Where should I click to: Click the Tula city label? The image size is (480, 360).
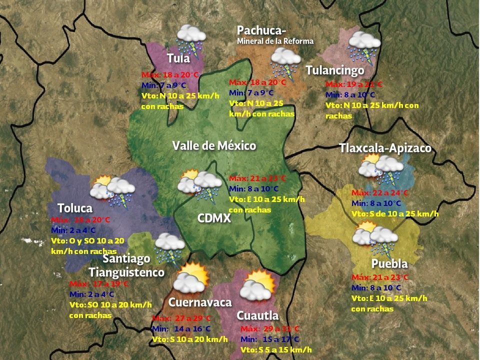[x=178, y=58]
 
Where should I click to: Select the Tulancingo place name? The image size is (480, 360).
[x=335, y=70]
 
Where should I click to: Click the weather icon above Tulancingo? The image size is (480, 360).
[x=363, y=45]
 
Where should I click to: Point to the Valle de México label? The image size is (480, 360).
[x=214, y=145]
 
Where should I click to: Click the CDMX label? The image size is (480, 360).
[x=214, y=218]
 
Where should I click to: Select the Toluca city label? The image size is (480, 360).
[x=75, y=207]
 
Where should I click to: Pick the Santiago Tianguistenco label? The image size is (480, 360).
[x=126, y=265]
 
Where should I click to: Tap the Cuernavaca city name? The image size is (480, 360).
[x=200, y=302]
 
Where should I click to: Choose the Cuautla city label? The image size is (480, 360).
[x=257, y=315]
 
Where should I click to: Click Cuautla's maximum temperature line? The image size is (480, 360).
[x=270, y=328]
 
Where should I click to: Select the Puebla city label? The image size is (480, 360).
[x=389, y=263]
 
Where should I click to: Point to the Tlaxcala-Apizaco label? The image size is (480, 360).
[x=385, y=148]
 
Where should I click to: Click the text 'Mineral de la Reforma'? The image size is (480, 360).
[x=275, y=41]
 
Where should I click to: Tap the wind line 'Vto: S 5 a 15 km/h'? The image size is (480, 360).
[x=276, y=349]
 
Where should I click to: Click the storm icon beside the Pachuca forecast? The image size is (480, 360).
[x=285, y=62]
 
